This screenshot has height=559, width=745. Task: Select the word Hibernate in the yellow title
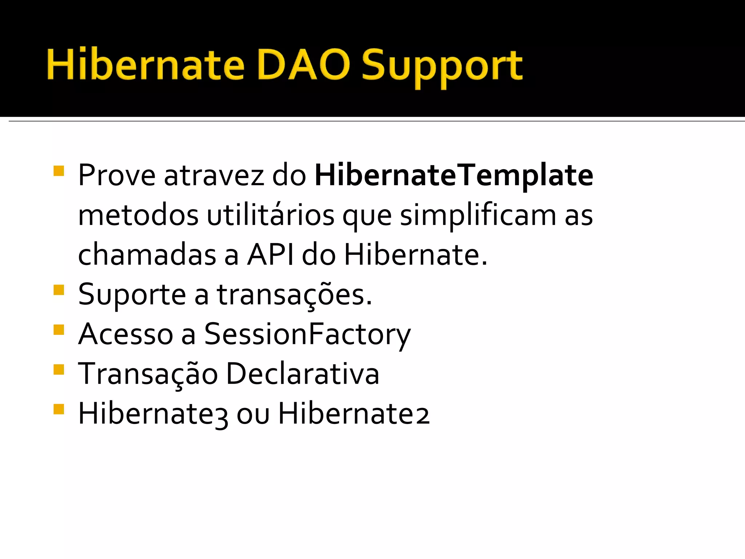pos(146,65)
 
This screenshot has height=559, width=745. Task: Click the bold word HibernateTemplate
pos(454,175)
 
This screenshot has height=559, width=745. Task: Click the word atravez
pos(214,175)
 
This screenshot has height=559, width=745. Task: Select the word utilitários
pos(271,215)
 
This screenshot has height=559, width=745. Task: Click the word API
pos(270,255)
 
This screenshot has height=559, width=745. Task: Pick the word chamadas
pos(147,255)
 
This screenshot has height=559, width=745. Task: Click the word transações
pos(295,295)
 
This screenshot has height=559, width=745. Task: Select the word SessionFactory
pos(307,334)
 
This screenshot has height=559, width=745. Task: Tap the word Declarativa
pos(303,374)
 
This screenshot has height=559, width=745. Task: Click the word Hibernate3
pos(153,413)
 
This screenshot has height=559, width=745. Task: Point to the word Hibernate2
pos(354,413)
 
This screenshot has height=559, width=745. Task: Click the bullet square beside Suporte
pos(59,290)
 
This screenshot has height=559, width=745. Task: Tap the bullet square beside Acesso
pos(59,330)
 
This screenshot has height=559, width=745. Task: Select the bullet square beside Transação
pos(59,369)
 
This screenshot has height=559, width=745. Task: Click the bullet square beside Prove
pos(59,171)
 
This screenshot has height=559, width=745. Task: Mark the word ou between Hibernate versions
pos(253,415)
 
